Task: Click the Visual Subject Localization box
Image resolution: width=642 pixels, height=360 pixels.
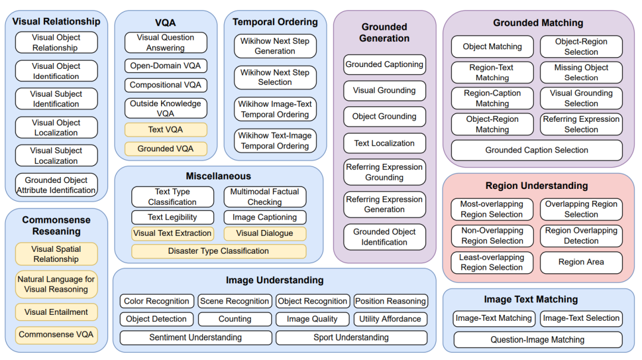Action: click(56, 156)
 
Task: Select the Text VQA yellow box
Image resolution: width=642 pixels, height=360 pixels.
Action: click(166, 130)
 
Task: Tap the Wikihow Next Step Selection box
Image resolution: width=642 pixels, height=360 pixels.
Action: click(275, 77)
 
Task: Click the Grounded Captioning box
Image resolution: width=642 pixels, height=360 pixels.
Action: click(385, 64)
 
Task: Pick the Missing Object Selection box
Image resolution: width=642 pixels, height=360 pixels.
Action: click(581, 72)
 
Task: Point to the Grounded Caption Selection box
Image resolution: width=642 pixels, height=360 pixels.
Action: click(537, 150)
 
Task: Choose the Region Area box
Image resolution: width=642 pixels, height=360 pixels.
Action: click(581, 262)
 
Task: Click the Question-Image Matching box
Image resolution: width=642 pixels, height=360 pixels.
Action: click(537, 340)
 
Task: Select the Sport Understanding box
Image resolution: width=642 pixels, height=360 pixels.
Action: click(351, 337)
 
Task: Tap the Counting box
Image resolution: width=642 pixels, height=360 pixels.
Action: click(235, 319)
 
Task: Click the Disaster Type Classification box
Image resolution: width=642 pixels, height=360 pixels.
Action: click(219, 251)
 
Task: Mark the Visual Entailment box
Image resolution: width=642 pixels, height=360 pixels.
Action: click(56, 312)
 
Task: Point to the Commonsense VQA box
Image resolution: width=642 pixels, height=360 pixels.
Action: click(56, 334)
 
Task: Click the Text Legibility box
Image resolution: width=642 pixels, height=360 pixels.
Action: click(172, 217)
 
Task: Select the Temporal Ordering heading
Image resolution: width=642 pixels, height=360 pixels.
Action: click(275, 22)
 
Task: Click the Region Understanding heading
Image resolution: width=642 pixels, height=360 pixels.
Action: click(537, 186)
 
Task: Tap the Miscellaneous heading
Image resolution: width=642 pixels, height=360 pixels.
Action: click(219, 176)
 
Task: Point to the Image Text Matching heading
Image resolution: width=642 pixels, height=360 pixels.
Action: click(531, 299)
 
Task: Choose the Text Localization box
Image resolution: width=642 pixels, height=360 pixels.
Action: click(385, 143)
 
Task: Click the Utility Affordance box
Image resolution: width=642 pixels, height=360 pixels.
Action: click(390, 319)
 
